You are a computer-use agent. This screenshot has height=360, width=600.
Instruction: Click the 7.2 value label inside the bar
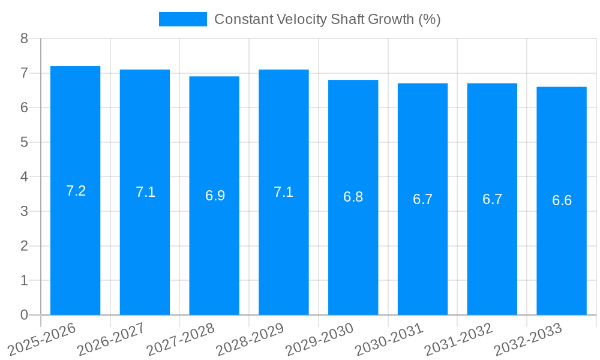(x=76, y=191)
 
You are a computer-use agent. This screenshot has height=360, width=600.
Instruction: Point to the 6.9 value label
(x=215, y=196)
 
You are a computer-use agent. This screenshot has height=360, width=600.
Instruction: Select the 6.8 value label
(x=353, y=197)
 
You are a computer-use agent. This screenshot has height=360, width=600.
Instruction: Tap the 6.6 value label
(x=562, y=200)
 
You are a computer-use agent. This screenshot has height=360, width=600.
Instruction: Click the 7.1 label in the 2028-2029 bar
(x=283, y=192)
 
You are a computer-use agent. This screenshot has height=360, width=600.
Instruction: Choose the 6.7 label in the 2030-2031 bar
(x=422, y=199)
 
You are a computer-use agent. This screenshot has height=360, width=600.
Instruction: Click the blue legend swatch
(x=182, y=19)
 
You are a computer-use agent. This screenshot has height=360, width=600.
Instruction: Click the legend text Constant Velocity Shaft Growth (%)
(x=327, y=19)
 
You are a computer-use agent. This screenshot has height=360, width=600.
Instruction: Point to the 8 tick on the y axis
(x=24, y=38)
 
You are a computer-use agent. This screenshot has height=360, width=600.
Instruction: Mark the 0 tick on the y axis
(x=24, y=315)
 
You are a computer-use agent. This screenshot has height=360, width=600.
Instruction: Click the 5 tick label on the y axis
(x=24, y=142)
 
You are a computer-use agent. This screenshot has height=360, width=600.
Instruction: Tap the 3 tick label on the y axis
(x=24, y=211)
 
